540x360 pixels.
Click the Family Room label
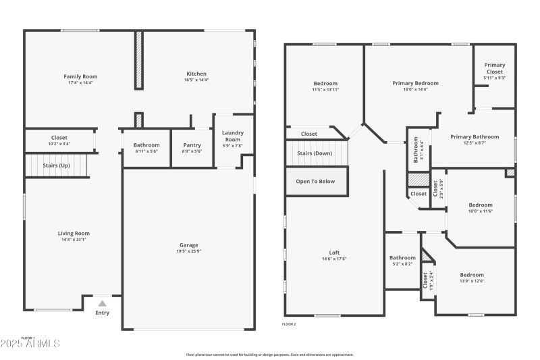coord(80,76)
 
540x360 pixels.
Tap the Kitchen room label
coord(196,74)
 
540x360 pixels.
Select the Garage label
coord(188,245)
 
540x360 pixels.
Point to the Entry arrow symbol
coord(102,304)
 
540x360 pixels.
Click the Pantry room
coord(192,145)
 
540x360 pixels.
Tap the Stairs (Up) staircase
coord(57,165)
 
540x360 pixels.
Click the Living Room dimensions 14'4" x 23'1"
coord(74,239)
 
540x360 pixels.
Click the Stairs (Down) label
coord(315,153)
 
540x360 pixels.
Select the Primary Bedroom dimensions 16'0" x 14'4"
coord(415,89)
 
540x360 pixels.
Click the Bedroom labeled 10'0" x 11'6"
coord(481,205)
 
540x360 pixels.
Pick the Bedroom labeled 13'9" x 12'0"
coord(472,275)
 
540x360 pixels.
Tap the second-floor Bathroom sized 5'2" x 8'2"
coord(402,257)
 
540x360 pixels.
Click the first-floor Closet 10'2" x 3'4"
coord(59,138)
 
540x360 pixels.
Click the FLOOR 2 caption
coord(289,324)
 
